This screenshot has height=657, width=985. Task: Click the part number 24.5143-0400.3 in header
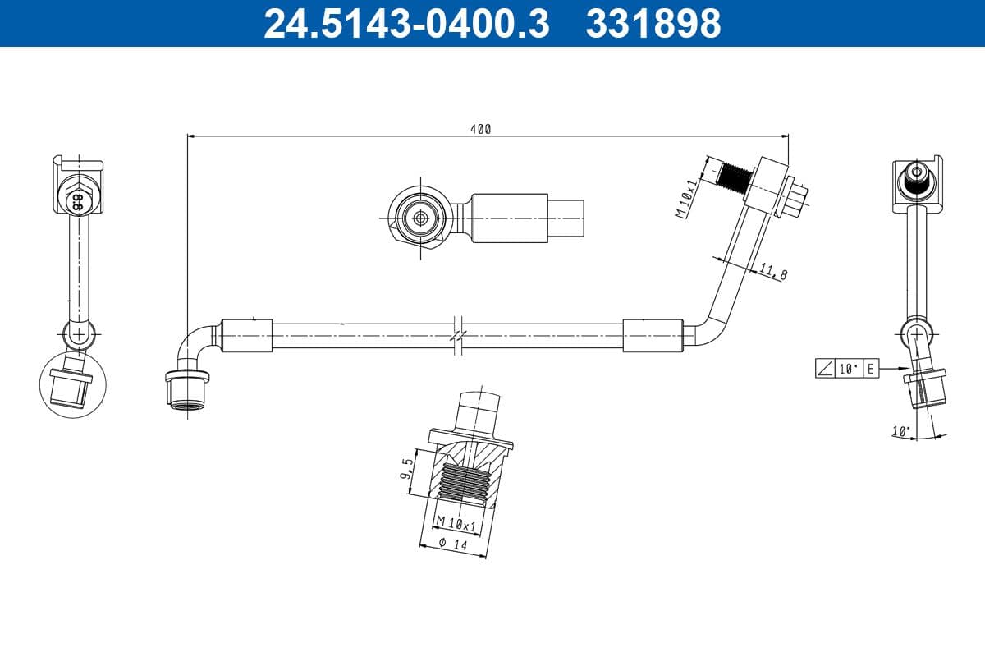click(405, 23)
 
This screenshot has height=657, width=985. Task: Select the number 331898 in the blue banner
click(653, 23)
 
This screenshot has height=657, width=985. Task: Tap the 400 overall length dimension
click(481, 129)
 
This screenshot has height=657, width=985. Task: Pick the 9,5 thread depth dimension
click(406, 471)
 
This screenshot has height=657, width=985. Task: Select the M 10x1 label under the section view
click(456, 523)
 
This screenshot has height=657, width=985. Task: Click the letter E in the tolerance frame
click(870, 370)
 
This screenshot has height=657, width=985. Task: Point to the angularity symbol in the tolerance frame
click(825, 370)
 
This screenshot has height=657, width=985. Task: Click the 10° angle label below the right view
click(900, 430)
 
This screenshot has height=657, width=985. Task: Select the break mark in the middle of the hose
click(458, 336)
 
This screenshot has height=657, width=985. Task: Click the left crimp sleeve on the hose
click(246, 336)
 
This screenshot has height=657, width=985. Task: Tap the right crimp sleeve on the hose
click(652, 336)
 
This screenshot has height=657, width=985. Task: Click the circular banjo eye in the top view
click(419, 218)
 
